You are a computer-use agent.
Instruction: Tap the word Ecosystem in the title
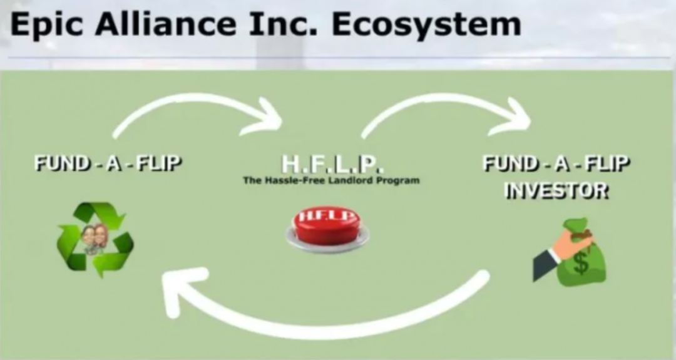426,26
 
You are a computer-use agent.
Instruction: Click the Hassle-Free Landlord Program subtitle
331,180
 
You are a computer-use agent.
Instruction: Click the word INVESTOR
556,190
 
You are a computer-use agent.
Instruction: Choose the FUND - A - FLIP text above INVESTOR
556,164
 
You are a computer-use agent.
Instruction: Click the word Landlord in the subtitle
350,180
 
